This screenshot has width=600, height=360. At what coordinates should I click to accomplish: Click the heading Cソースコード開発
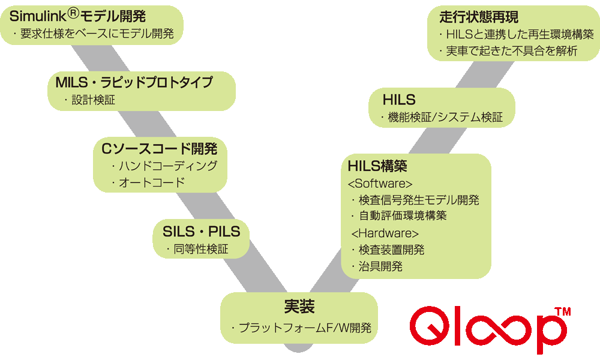(160, 148)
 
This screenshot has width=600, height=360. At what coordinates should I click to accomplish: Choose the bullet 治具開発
(380, 266)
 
